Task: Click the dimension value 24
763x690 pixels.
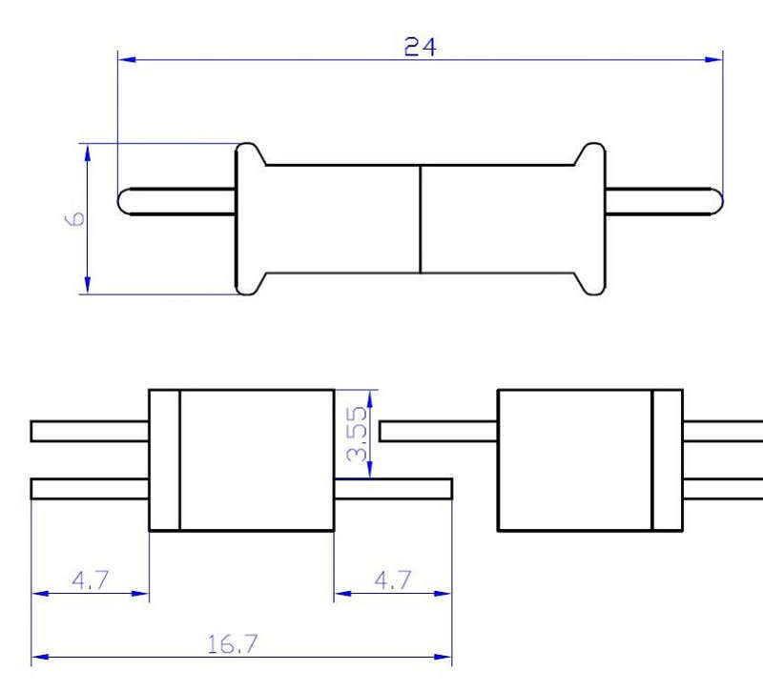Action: coord(420,47)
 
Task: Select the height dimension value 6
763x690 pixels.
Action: coord(75,218)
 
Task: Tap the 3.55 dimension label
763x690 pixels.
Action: coord(357,435)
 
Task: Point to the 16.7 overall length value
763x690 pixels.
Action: coord(233,644)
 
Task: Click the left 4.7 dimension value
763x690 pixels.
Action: coord(90,580)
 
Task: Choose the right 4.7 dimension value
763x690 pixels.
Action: coord(392,580)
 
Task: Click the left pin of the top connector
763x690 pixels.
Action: coord(177,201)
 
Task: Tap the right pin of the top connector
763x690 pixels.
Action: coord(664,201)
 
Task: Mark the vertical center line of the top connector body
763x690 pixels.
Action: coord(421,218)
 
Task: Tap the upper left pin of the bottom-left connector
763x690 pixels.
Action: coord(90,431)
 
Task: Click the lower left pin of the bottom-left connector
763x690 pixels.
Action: coord(90,489)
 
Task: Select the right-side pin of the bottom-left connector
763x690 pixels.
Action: coord(392,489)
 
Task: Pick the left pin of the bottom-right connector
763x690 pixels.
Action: coord(438,431)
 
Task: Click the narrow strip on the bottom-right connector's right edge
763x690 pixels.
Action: coord(667,459)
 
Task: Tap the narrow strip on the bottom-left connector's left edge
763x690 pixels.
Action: coord(164,459)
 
